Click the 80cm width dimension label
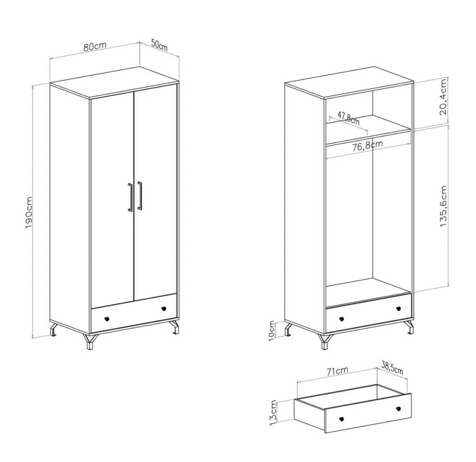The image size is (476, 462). click(x=95, y=46)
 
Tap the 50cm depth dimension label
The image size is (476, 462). click(x=159, y=45)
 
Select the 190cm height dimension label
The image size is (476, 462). click(x=29, y=212)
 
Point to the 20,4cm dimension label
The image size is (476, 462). click(x=443, y=97)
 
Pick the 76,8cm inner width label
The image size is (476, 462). click(x=367, y=146)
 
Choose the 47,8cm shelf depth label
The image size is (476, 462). click(x=348, y=118)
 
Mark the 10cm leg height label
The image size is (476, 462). click(x=272, y=331)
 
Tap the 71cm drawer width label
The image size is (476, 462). click(x=337, y=371)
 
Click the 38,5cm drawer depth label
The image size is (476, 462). click(x=392, y=368)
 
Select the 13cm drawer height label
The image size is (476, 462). click(x=273, y=413)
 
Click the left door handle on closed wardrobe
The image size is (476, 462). click(x=130, y=198)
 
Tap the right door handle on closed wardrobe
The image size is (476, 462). click(x=139, y=196)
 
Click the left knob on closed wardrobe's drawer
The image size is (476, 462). click(x=107, y=319)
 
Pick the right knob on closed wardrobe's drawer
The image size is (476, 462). click(x=164, y=309)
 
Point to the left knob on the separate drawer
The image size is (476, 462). click(x=341, y=419)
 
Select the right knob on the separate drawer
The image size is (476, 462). click(x=398, y=408)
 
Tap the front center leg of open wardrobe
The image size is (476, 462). click(x=325, y=341)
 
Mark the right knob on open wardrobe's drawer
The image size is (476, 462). click(x=398, y=309)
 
